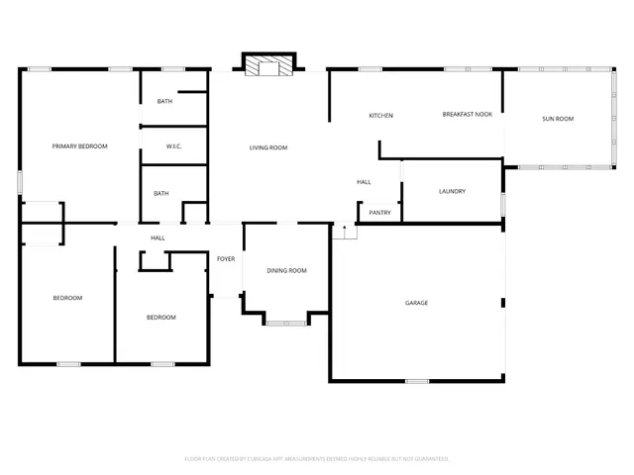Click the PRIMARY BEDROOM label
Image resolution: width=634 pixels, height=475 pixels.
79,146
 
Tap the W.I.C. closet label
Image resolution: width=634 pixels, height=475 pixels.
173,146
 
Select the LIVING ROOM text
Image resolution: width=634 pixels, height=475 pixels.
267,147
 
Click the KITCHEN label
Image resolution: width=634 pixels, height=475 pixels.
381,116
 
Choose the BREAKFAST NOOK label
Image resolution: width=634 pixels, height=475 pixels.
467,115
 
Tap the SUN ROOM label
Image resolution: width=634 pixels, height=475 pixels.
558,119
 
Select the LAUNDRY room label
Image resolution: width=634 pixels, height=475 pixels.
452,191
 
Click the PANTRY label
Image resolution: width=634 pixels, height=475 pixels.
379,213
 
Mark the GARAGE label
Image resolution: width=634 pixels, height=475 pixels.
416,302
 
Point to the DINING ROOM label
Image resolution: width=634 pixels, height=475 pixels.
287,270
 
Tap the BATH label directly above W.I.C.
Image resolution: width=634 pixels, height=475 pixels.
165,102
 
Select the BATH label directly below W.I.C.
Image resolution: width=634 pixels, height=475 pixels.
160,193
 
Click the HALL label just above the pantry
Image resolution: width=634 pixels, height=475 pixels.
364,182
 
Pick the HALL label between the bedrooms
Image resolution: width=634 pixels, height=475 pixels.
158,237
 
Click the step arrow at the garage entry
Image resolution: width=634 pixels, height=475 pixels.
344,231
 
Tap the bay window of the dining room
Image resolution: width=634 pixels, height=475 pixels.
286,321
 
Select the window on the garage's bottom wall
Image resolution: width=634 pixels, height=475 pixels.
417,381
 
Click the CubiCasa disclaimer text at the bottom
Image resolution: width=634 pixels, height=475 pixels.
317,459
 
